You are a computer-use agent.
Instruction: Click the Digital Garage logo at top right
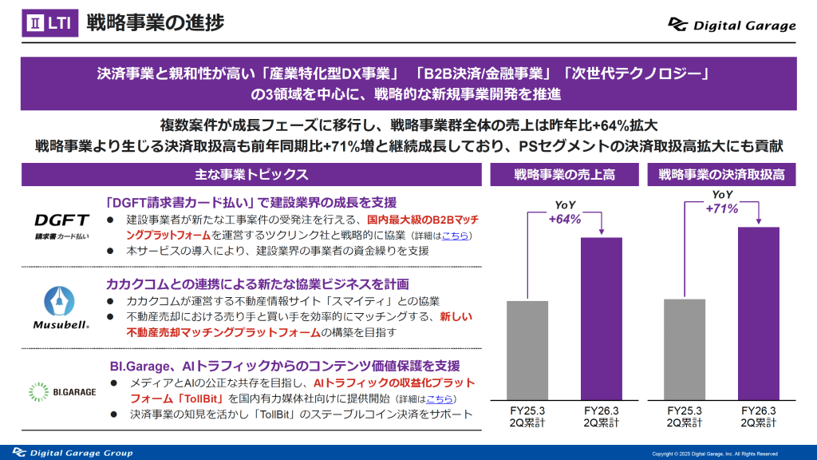[732, 25]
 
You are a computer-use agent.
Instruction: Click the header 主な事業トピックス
[251, 174]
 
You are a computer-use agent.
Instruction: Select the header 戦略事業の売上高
[565, 174]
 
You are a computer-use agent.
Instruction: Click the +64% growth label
[564, 219]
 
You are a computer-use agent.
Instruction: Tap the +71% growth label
[722, 208]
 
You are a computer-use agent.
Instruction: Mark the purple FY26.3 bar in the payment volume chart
[758, 313]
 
